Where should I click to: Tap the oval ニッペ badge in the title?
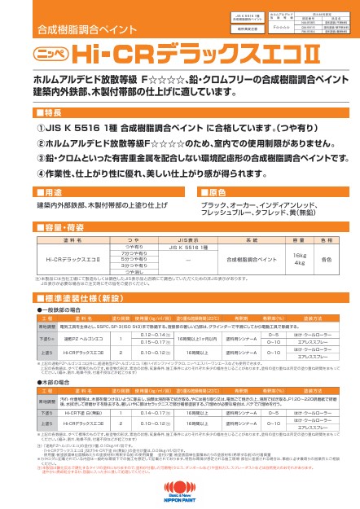click(x=52, y=54)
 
